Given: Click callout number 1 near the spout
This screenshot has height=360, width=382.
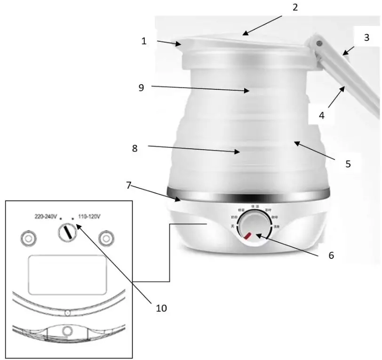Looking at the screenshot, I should coord(144,41).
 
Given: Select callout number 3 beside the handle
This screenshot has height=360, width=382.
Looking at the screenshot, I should coord(366,38).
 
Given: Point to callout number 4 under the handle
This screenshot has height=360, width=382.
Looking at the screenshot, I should coord(321,114).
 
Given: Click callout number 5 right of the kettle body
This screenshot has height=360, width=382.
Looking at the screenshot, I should coord(348,164).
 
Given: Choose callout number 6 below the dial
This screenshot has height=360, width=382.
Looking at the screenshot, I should coord(331,255).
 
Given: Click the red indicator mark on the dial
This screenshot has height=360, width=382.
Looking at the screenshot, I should coord(247,235).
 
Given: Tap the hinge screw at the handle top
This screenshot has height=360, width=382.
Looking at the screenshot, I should coord(319,43).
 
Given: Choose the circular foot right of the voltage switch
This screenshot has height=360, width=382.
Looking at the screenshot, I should coord(106,239).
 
